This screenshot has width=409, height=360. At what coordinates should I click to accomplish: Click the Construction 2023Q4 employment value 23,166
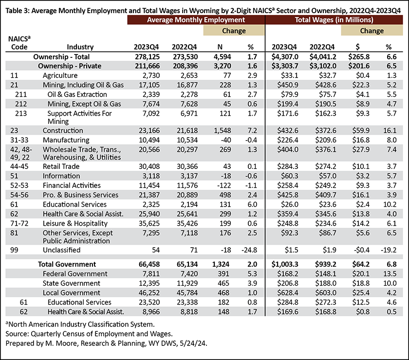149,130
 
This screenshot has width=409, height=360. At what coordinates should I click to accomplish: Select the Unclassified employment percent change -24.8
249,250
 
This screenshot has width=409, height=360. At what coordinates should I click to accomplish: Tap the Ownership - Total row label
61,57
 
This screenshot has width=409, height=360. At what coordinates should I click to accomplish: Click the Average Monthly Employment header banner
196,20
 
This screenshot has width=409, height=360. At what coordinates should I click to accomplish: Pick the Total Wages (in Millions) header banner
334,20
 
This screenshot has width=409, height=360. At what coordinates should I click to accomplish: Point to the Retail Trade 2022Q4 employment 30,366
187,166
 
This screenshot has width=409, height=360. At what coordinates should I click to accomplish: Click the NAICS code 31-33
19,140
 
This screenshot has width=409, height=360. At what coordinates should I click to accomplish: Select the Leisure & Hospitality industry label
75,223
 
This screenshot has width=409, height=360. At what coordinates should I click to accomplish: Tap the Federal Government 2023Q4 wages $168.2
287,274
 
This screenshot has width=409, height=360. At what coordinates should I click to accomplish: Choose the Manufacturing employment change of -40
225,140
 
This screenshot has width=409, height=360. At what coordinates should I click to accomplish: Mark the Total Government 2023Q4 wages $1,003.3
285,264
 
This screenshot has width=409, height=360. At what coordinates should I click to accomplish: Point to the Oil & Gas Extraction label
77,94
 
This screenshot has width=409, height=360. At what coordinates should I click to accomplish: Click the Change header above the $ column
372,31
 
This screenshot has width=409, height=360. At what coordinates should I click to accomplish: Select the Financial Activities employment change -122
224,185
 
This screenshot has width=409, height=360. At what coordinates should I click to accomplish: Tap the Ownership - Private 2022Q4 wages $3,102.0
323,66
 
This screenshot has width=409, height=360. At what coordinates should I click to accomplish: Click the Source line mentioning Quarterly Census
89,334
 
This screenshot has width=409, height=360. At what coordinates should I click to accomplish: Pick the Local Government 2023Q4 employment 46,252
149,293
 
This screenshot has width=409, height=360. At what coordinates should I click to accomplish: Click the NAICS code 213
21,113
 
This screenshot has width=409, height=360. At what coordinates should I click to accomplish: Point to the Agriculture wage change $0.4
363,75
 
